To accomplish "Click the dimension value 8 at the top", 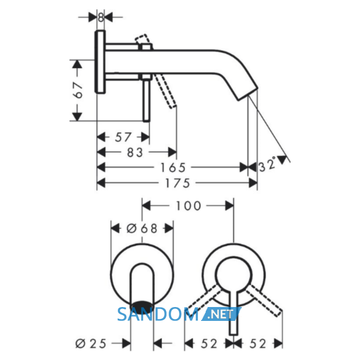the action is click(x=101, y=17).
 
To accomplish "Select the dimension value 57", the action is click(x=123, y=137).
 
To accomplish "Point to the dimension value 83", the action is click(x=135, y=152).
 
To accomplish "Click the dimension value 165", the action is click(x=173, y=168).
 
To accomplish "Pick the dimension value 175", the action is click(x=177, y=183).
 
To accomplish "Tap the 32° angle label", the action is click(x=267, y=165).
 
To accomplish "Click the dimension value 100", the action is click(x=189, y=206).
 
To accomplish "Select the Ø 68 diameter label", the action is click(x=142, y=228).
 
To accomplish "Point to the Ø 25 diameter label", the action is click(x=91, y=344).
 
